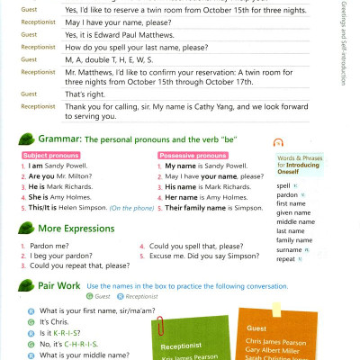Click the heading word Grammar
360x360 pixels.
(x=58, y=139)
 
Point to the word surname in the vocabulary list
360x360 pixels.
(x=290, y=249)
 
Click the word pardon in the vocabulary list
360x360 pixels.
(x=287, y=194)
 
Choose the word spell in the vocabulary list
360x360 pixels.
(x=283, y=185)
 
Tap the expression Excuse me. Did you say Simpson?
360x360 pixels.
(x=198, y=256)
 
